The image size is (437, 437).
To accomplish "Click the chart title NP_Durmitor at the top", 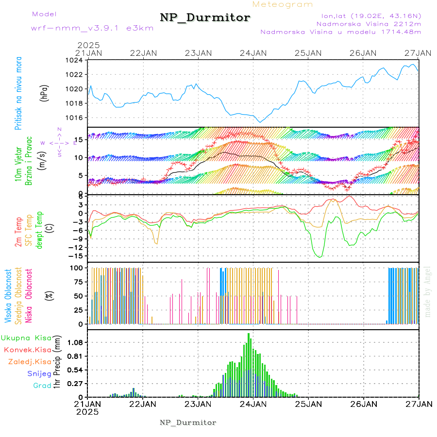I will pyautogui.click(x=205, y=18).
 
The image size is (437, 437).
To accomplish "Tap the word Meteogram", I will pyautogui.click(x=283, y=4).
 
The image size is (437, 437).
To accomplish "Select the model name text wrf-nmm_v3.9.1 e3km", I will pyautogui.click(x=92, y=28).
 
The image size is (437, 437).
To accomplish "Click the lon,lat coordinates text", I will pyautogui.click(x=368, y=15).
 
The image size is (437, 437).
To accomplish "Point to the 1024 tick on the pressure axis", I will pyautogui.click(x=76, y=60).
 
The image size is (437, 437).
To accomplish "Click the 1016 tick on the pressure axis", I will pyautogui.click(x=76, y=118).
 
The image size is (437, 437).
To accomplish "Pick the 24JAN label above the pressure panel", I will pyautogui.click(x=253, y=53).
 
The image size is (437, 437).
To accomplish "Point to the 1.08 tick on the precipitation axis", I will pyautogui.click(x=75, y=342).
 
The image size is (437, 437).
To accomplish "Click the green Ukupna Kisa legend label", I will pyautogui.click(x=26, y=337).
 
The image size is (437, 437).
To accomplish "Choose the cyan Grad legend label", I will pyautogui.click(x=42, y=386).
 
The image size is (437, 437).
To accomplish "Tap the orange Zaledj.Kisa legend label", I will pyautogui.click(x=30, y=361).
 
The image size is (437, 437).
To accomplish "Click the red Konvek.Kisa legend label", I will pyautogui.click(x=28, y=350).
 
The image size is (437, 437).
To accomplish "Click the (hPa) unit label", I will pyautogui.click(x=44, y=93).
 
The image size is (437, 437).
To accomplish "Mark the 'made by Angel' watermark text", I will pyautogui.click(x=428, y=291).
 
